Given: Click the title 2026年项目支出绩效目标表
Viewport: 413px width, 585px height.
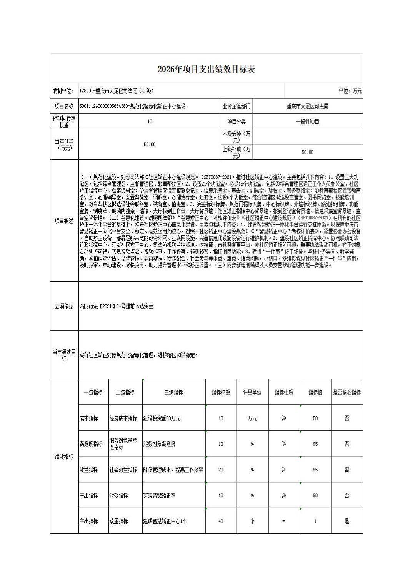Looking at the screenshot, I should coord(206,69).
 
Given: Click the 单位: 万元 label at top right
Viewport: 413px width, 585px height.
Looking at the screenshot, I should coord(350,91).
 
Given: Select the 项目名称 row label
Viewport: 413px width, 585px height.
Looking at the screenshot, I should coord(64,106).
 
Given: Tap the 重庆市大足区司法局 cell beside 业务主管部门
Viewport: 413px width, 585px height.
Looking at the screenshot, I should coord(307,106).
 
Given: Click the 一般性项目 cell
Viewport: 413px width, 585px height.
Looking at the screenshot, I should coord(307,122).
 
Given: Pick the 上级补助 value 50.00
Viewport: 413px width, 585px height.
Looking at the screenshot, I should coord(307,152).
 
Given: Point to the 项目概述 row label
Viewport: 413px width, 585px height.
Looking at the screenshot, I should coord(64,221).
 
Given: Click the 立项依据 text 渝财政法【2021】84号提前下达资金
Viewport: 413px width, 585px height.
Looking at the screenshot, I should coord(116,306).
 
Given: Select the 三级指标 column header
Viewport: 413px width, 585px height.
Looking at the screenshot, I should coord(173,393).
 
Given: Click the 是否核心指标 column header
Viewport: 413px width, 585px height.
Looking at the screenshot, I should coord(346,393).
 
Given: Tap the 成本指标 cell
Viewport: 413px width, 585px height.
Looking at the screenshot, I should coord(89,418).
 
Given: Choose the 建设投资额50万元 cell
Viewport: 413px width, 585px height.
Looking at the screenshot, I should coord(162,418).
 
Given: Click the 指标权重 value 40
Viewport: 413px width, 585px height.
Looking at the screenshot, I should coord(221,521).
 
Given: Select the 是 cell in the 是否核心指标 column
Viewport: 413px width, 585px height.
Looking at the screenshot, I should coord(346,521).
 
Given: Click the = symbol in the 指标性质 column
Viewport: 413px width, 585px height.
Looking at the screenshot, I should coord(284,521).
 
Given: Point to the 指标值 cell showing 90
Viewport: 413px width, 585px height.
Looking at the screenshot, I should coord(315,496).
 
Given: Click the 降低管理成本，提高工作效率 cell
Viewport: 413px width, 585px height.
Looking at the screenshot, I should coord(173,470).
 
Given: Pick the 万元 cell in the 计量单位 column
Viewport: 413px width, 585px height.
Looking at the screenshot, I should coord(252,418).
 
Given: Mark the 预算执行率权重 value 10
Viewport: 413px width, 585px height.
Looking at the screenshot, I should coord(150,122).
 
